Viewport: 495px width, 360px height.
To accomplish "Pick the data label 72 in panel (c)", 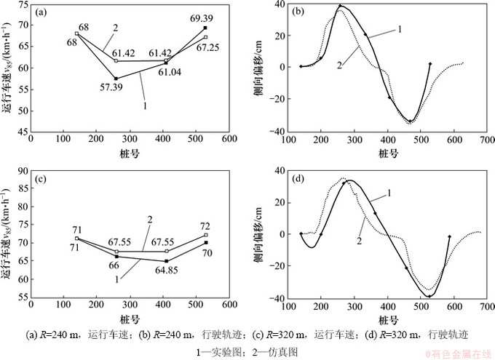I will click(205, 227).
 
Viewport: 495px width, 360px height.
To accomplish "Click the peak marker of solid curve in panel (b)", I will click(340, 7).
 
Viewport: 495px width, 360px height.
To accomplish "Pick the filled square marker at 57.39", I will click(116, 78).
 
